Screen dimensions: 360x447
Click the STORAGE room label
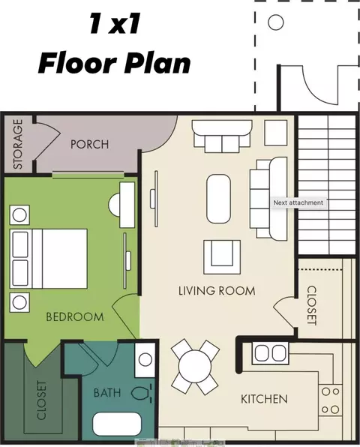(x=18, y=144)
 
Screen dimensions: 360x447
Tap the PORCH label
(x=90, y=144)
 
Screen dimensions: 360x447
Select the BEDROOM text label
(x=75, y=316)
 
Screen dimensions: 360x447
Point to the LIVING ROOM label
(x=217, y=291)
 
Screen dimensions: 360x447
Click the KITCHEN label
(x=264, y=399)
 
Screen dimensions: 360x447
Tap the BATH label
(x=107, y=393)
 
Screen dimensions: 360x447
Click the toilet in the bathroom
(x=142, y=393)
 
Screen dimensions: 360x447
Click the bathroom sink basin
(x=145, y=360)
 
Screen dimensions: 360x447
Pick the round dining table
(x=195, y=366)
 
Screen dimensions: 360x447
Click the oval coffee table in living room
(x=218, y=199)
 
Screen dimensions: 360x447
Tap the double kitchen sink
(x=270, y=353)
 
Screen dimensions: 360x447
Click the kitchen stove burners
(x=330, y=400)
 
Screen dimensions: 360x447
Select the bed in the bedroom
(x=49, y=259)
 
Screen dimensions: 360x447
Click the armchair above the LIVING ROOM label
(x=222, y=257)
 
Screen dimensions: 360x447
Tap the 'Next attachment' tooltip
(x=298, y=202)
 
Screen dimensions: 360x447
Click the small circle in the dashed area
(x=276, y=22)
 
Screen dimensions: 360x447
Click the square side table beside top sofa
(x=276, y=133)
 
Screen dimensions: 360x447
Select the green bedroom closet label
(x=41, y=400)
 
